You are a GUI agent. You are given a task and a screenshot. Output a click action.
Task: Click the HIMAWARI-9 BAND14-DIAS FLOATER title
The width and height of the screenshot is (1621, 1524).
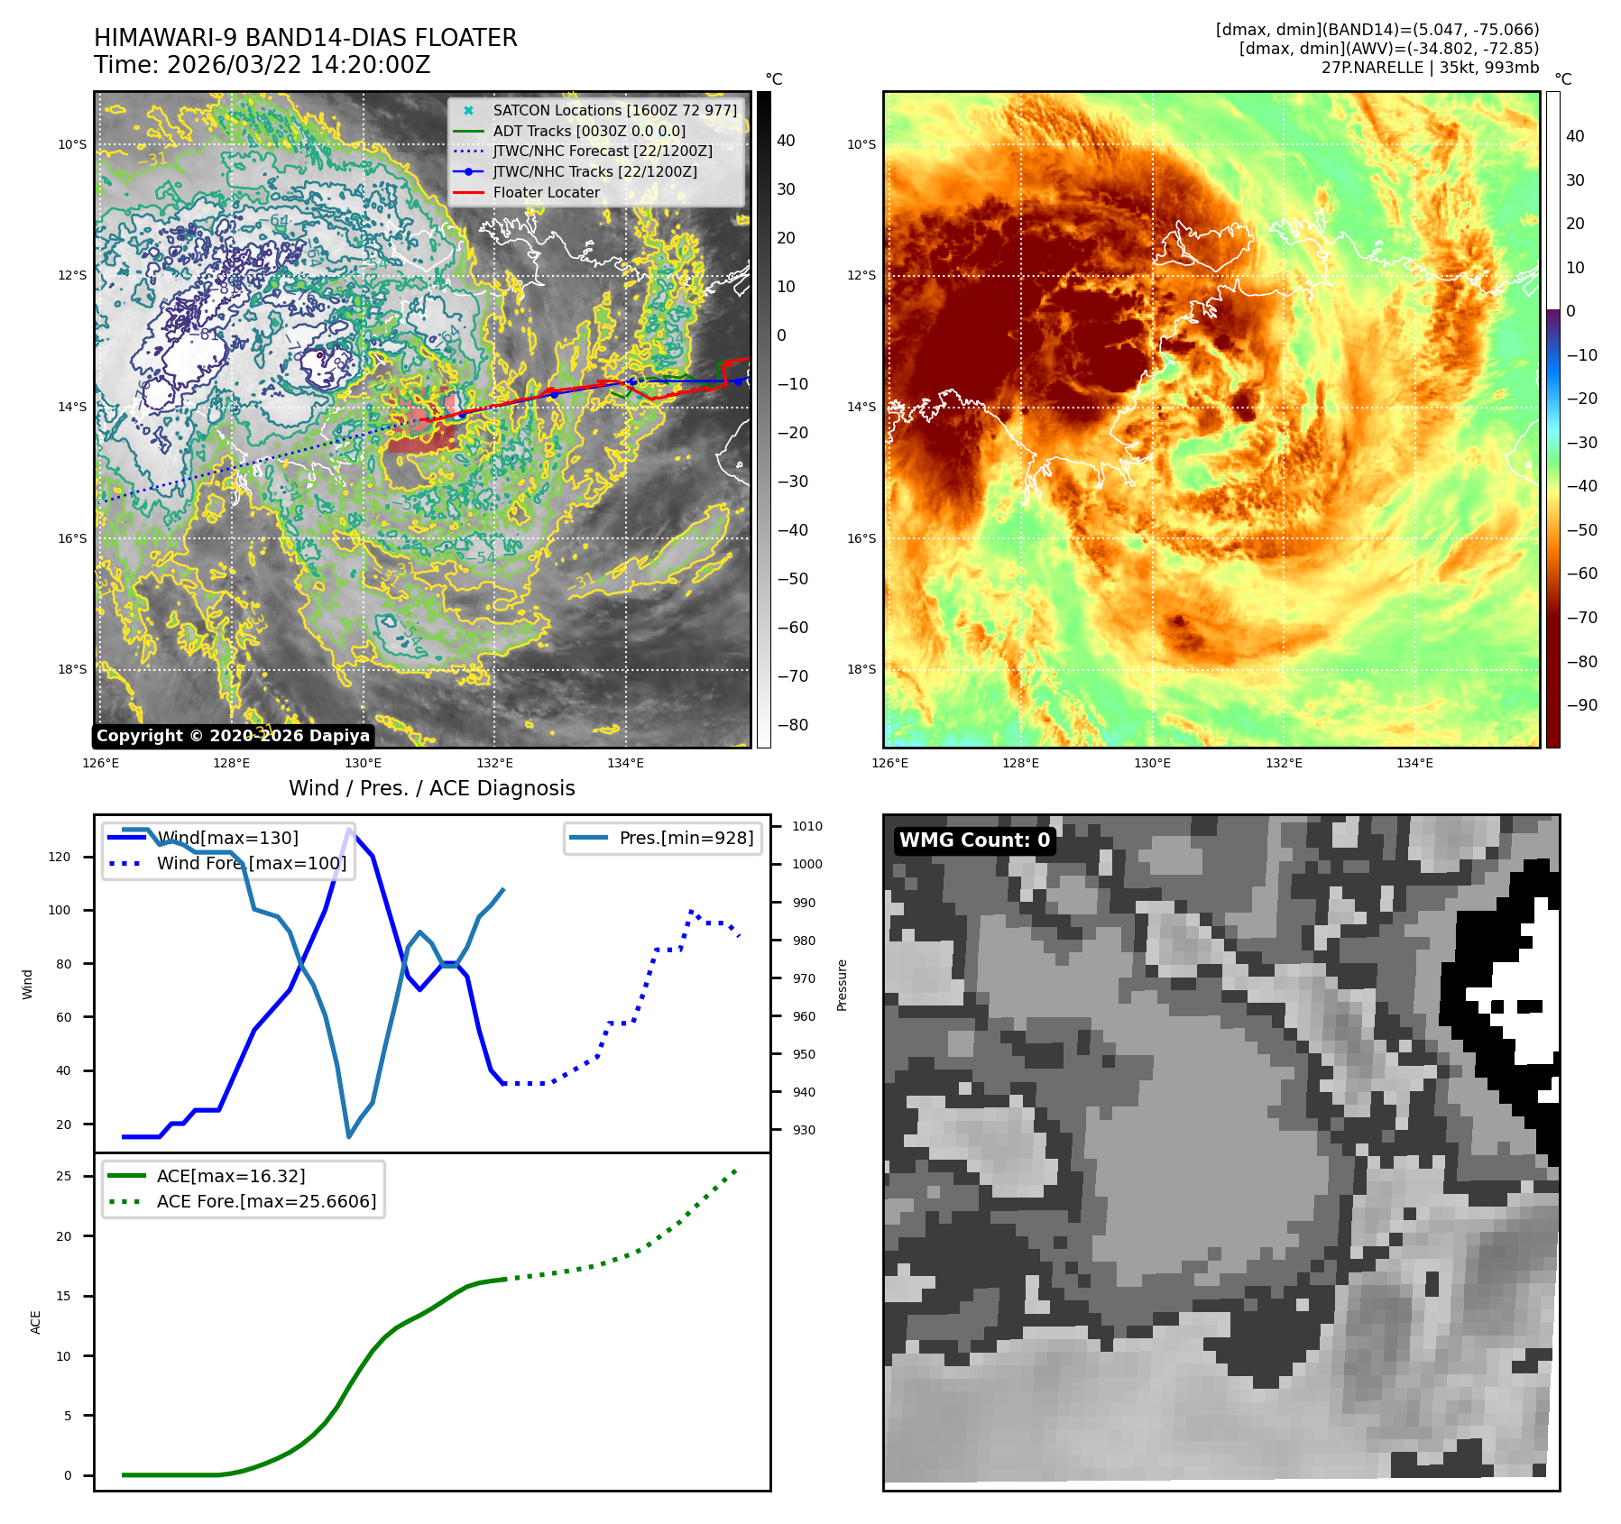pyautogui.click(x=305, y=38)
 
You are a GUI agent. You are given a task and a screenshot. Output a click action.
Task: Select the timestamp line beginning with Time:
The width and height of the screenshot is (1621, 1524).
pyautogui.click(x=262, y=66)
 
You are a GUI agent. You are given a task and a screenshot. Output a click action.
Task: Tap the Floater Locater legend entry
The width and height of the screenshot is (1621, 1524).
pyautogui.click(x=546, y=192)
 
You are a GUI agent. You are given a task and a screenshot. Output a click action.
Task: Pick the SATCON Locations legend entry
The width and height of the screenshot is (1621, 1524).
pyautogui.click(x=614, y=110)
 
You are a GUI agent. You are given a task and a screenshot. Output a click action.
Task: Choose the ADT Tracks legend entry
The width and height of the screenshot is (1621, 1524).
pyautogui.click(x=588, y=131)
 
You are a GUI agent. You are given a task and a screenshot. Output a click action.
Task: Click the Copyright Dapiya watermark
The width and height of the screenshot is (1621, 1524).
pyautogui.click(x=233, y=736)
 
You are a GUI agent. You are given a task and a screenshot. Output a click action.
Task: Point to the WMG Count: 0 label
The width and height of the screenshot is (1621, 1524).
pyautogui.click(x=974, y=840)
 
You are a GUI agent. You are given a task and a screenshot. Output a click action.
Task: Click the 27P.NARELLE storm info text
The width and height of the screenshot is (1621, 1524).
pyautogui.click(x=1430, y=68)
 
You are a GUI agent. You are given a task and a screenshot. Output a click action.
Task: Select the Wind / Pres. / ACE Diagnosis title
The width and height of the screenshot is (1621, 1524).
pyautogui.click(x=431, y=788)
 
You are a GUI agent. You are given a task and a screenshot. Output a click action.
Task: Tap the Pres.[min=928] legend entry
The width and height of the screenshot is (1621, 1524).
pyautogui.click(x=686, y=838)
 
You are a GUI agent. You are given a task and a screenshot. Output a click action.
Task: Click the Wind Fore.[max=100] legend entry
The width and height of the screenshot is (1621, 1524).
pyautogui.click(x=251, y=863)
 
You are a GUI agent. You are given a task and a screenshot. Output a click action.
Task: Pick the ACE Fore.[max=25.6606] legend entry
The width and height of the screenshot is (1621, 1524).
pyautogui.click(x=266, y=1201)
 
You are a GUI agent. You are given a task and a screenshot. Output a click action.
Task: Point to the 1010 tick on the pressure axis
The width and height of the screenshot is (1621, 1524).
pyautogui.click(x=806, y=826)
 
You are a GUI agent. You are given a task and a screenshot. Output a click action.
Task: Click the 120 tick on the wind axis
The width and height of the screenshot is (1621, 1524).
pyautogui.click(x=60, y=857)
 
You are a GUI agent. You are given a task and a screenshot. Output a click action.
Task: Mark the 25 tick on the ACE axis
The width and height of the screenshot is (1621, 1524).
pyautogui.click(x=63, y=1176)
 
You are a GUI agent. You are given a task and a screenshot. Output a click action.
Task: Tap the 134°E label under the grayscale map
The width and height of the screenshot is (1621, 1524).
pyautogui.click(x=625, y=764)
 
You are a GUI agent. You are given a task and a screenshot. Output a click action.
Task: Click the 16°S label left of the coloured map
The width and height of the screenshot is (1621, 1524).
pyautogui.click(x=861, y=538)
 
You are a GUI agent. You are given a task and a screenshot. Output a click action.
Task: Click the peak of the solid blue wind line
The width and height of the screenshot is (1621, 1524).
pyautogui.click(x=349, y=830)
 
